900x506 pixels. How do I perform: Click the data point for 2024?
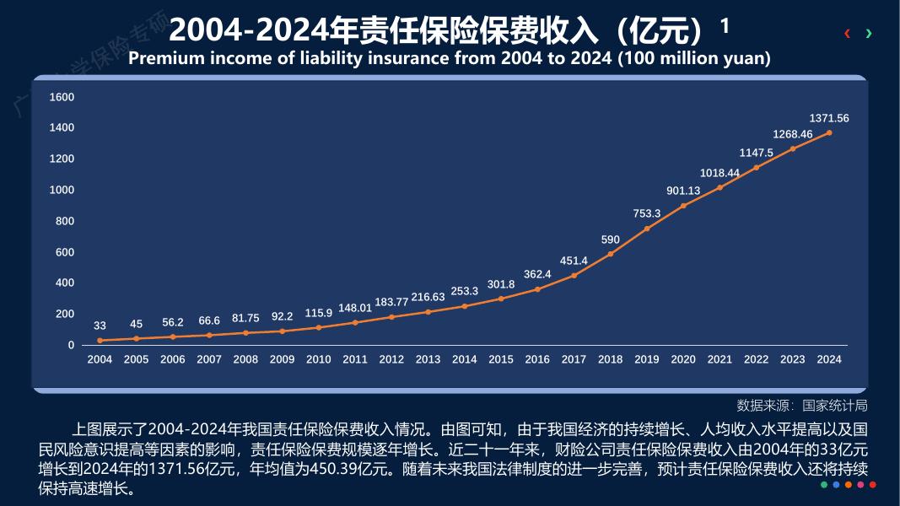pyautogui.click(x=829, y=132)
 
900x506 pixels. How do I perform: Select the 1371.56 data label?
pyautogui.click(x=829, y=118)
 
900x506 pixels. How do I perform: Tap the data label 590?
pyautogui.click(x=611, y=240)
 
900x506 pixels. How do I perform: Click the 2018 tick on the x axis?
pyautogui.click(x=611, y=359)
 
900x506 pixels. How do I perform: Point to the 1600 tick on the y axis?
pyautogui.click(x=62, y=97)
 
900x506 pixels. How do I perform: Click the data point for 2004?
pyautogui.click(x=100, y=341)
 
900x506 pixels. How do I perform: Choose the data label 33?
pyautogui.click(x=100, y=326)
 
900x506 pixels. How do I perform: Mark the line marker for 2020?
pyautogui.click(x=683, y=206)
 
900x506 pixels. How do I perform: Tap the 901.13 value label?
pyautogui.click(x=683, y=191)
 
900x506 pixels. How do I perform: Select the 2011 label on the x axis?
pyautogui.click(x=355, y=359)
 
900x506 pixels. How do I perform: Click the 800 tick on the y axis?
pyautogui.click(x=65, y=221)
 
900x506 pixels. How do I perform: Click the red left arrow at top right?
pyautogui.click(x=847, y=34)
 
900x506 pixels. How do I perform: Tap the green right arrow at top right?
pyautogui.click(x=869, y=34)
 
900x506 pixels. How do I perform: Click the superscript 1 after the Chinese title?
pyautogui.click(x=725, y=26)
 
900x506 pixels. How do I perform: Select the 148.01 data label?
pyautogui.click(x=355, y=308)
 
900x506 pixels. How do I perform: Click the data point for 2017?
pyautogui.click(x=574, y=275)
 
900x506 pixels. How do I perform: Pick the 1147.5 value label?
pyautogui.click(x=757, y=153)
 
